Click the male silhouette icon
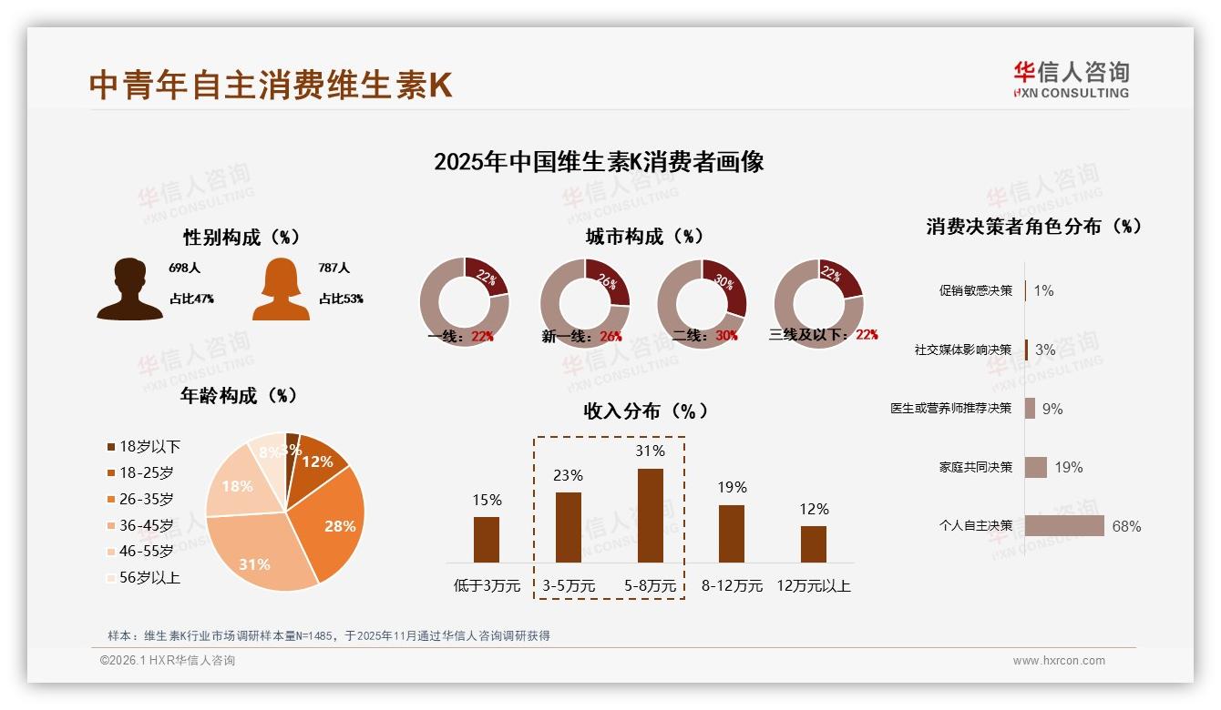pos(129,289)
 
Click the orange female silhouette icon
pos(281,289)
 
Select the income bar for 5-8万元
pos(650,515)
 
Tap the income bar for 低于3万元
pos(487,540)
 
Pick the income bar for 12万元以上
pos(813,544)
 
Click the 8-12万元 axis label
pos(732,586)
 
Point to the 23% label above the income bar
pos(569,475)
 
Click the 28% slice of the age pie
pos(337,519)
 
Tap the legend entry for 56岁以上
pos(143,577)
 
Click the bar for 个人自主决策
pos(1063,526)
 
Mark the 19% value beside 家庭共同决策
pos(1069,468)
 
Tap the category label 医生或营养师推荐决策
pos(950,409)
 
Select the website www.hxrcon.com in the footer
pos(1058,661)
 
